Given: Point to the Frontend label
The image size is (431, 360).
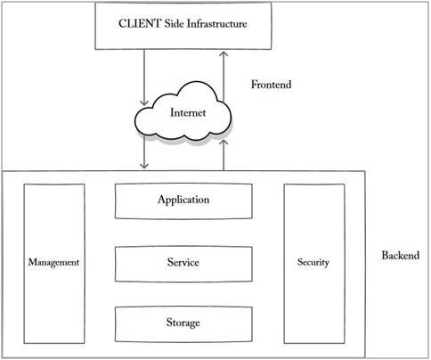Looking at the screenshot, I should click(x=272, y=86).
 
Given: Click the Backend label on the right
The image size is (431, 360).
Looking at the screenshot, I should click(x=400, y=255).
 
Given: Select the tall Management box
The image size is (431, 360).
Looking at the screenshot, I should click(x=54, y=263).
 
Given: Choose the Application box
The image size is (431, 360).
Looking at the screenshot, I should click(x=183, y=200).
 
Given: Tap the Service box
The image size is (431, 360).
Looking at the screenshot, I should click(x=183, y=263).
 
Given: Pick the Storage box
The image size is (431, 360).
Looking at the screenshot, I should click(x=183, y=322).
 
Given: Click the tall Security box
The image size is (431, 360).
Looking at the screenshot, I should click(x=313, y=263).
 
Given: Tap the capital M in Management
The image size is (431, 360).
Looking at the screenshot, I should click(x=31, y=263).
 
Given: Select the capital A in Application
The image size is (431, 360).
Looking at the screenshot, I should click(x=160, y=200).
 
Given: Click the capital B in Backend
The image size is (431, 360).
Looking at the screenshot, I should click(x=386, y=255).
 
